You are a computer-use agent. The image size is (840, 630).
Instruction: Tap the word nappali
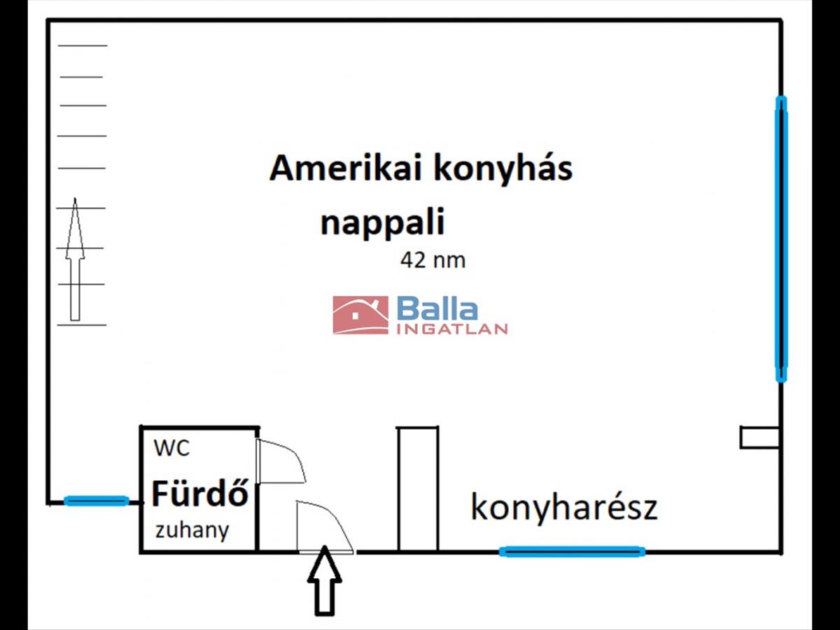pyautogui.click(x=382, y=224)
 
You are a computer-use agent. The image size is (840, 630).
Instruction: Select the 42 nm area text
pyautogui.click(x=433, y=260)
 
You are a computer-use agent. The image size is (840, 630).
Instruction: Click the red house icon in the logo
pyautogui.click(x=360, y=315)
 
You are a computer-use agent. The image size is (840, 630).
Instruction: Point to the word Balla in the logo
pyautogui.click(x=437, y=309)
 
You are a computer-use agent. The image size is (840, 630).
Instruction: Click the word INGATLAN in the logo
pyautogui.click(x=451, y=329)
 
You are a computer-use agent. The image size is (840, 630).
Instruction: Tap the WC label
pyautogui.click(x=171, y=448)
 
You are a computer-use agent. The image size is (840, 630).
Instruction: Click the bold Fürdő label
pyautogui.click(x=200, y=495)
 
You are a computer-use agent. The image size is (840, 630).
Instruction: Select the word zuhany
pyautogui.click(x=192, y=530)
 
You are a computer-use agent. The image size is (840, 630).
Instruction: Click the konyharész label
pyautogui.click(x=563, y=507)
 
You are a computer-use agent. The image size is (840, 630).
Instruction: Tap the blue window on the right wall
pyautogui.click(x=781, y=239)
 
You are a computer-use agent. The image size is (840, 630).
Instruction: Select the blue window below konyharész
pyautogui.click(x=572, y=552)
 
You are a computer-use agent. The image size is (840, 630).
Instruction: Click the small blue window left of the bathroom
pyautogui.click(x=96, y=500)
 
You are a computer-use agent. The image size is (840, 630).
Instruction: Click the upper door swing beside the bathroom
pyautogui.click(x=280, y=462)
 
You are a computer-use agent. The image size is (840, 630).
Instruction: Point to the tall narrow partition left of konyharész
pyautogui.click(x=418, y=489)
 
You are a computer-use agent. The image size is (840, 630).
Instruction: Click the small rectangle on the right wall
pyautogui.click(x=759, y=437)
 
